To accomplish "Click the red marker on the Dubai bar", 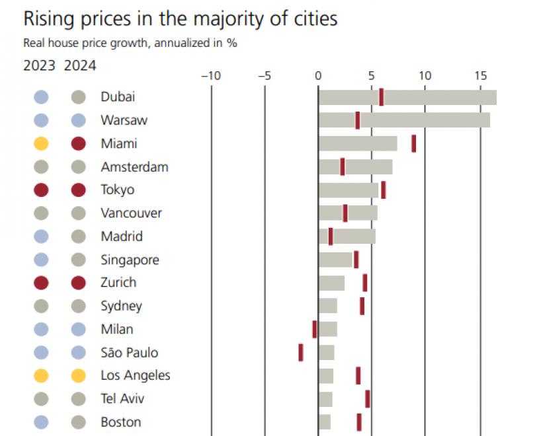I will coord(382,97).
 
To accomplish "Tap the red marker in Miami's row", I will coord(414,143).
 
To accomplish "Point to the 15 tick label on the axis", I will coord(480,75).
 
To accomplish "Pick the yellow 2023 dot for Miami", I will coord(41,143).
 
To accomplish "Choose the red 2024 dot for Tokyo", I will coord(79,190).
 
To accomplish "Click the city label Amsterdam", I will coord(134,166).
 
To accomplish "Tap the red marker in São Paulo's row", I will coord(301,352).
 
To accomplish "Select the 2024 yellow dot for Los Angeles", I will coord(79,376).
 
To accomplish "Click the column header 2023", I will coord(39,65).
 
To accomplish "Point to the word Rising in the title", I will coord(50,19).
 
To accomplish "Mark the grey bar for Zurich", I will coord(331,283).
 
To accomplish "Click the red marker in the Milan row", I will coord(315,329).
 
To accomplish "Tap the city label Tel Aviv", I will coord(122,398).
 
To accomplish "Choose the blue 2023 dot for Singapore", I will coord(41,260).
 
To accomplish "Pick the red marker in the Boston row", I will coord(359,421).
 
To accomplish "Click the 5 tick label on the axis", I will coord(372,75).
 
